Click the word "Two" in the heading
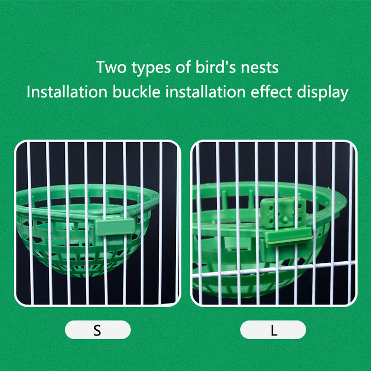pyautogui.click(x=111, y=67)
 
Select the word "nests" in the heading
pyautogui.click(x=260, y=68)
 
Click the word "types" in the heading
pyautogui.click(x=151, y=68)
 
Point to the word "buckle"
pyautogui.click(x=136, y=92)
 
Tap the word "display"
pyautogui.click(x=323, y=93)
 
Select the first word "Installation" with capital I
pyautogui.click(x=67, y=92)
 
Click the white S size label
pyautogui.click(x=98, y=330)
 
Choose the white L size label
pyautogui.click(x=273, y=330)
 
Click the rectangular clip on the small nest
pyautogui.click(x=115, y=227)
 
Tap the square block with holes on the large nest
pyautogui.click(x=283, y=213)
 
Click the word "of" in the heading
pyautogui.click(x=183, y=67)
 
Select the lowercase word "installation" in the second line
pyautogui.click(x=206, y=92)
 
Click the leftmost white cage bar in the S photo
pyautogui.click(x=30, y=223)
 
